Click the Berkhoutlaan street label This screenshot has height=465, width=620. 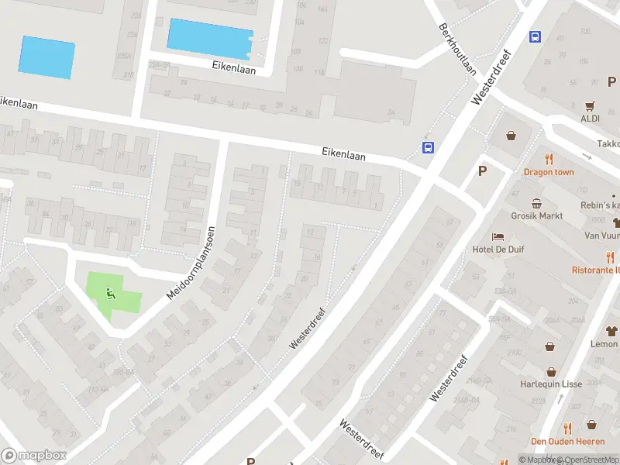coord(457,47)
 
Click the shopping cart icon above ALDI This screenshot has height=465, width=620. coord(591,105)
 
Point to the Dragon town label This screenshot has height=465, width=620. coord(549,172)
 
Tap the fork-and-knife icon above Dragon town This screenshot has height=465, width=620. coord(549,159)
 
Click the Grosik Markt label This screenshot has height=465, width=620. coord(536,216)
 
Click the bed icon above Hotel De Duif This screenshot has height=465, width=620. coord(498,236)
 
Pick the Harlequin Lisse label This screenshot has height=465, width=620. coord(551,384)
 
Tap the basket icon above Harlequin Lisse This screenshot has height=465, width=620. coord(551,371)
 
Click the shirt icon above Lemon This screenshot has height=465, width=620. coord(611,331)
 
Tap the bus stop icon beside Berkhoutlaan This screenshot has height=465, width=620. coord(535,36)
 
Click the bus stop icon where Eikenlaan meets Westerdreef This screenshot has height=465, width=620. coord(428,147)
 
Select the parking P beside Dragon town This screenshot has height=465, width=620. coord(482,172)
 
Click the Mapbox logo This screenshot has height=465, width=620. coord(34,456)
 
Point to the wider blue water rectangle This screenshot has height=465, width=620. coord(210,37)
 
